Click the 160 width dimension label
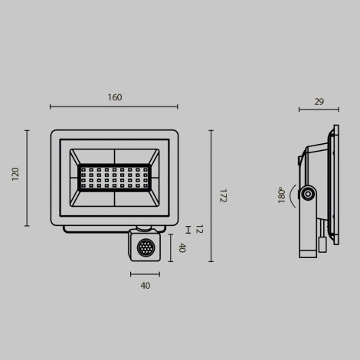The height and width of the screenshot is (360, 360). [x=114, y=97]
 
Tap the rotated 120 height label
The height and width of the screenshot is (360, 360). [x=15, y=174]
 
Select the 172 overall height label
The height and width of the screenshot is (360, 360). [x=223, y=195]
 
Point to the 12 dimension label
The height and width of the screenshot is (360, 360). [x=198, y=229]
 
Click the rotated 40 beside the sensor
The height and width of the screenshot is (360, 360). [x=182, y=247]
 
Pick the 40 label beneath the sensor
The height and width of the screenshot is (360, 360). [x=145, y=286]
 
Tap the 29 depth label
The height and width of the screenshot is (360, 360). [x=319, y=101]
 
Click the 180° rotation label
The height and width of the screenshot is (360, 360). [x=282, y=195]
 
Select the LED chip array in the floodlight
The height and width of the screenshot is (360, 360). [x=114, y=177]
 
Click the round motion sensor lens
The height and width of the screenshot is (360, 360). [x=144, y=247]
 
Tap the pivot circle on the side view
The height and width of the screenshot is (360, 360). [x=308, y=195]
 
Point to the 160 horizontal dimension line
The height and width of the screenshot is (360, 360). [x=114, y=107]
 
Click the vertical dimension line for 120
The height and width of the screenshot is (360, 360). [x=28, y=178]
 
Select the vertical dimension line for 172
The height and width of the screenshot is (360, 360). [x=211, y=195]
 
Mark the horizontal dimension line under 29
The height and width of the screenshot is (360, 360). [x=319, y=110]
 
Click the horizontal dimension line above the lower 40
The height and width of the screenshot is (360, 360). [x=145, y=273]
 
